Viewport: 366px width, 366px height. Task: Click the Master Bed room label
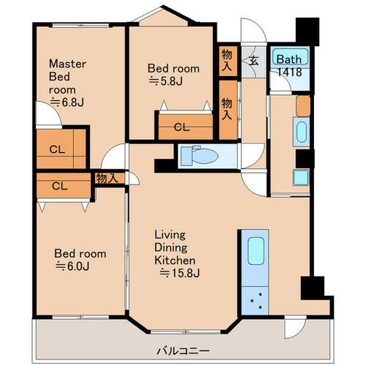(67, 83)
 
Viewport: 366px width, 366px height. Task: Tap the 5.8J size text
(165, 81)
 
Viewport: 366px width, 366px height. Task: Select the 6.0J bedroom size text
(72, 266)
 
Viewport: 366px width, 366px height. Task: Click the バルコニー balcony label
(183, 351)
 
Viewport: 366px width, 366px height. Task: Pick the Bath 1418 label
(289, 66)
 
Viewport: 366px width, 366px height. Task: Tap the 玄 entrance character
(254, 60)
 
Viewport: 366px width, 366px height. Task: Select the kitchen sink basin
(255, 251)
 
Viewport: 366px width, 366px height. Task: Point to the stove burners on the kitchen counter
(255, 301)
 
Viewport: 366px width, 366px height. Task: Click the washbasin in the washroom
(302, 132)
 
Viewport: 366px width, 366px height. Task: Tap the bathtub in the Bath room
(290, 56)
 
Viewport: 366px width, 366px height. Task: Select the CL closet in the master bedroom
(61, 149)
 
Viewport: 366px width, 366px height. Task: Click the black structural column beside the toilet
(164, 165)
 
